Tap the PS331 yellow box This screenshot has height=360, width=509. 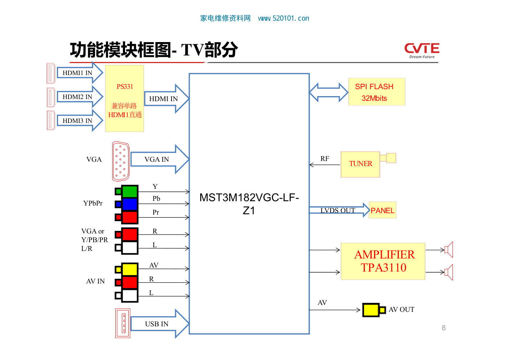(x=124, y=98)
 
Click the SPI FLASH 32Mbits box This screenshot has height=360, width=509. (x=376, y=92)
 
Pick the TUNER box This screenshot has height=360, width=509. (x=360, y=164)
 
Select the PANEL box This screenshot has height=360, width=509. (x=382, y=210)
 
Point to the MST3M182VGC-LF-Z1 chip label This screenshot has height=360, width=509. (x=249, y=204)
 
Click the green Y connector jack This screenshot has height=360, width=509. (x=129, y=191)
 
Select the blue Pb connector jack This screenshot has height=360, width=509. (x=129, y=204)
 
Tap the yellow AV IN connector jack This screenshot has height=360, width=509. (x=129, y=269)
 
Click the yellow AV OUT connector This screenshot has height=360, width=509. (x=371, y=310)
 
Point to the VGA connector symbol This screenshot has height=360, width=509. (x=121, y=161)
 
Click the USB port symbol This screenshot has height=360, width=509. (x=123, y=323)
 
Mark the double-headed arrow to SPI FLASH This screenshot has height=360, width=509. (x=328, y=92)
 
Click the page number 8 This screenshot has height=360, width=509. (x=443, y=328)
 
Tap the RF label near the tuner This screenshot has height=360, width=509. (x=324, y=159)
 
